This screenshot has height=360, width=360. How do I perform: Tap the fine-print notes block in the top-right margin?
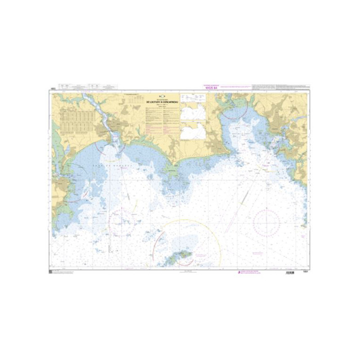[279, 87]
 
